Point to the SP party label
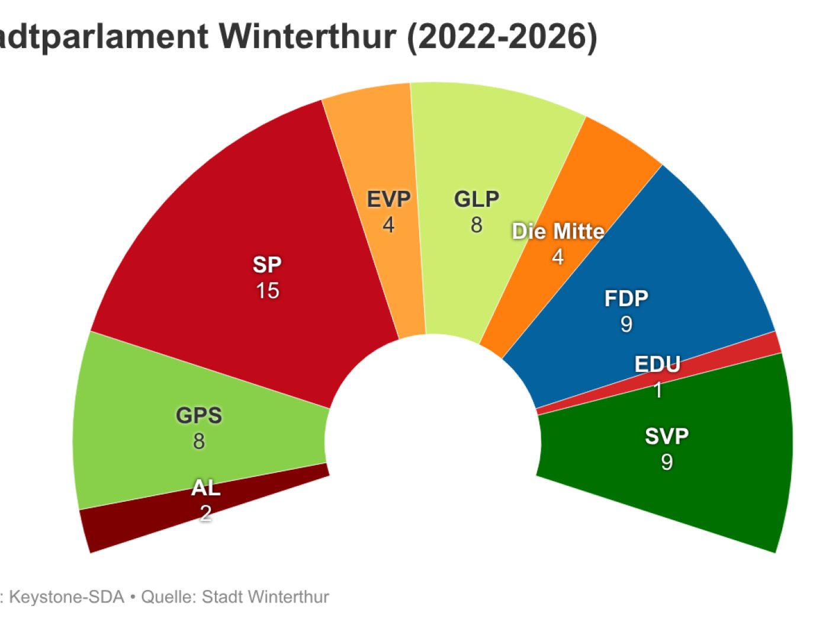267,265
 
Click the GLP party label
477,199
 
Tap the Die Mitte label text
558,231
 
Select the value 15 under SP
268,291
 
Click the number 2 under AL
205,513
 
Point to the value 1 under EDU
658,390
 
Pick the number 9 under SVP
667,462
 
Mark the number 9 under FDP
626,324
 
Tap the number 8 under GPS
199,441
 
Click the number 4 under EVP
388,225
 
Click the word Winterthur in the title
307,37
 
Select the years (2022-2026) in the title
502,37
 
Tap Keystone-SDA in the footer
67,597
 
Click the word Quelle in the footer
168,597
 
